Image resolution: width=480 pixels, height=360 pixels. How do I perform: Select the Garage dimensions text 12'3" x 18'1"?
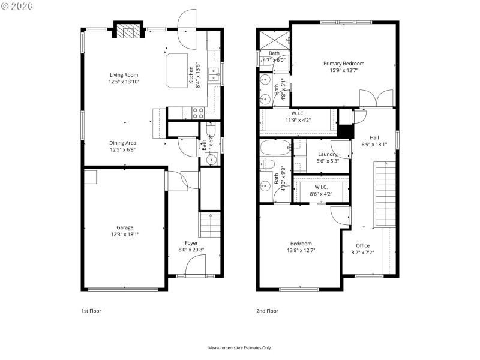click(x=125, y=235)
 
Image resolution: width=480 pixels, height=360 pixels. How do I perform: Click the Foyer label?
click(x=191, y=243)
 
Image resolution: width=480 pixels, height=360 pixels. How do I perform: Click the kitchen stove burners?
click(x=197, y=112)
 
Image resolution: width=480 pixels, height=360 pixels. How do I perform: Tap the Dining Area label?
click(x=122, y=143)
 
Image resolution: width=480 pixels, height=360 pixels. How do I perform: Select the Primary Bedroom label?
click(x=344, y=64)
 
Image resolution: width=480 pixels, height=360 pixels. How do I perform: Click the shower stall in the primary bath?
click(x=274, y=40)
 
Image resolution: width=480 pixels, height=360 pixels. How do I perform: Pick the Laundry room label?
click(x=328, y=154)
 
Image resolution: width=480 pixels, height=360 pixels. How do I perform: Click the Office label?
click(x=362, y=245)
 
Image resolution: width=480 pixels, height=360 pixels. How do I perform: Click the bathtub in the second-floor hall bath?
click(x=275, y=148)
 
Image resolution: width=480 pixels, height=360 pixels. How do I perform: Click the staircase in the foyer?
click(x=210, y=226)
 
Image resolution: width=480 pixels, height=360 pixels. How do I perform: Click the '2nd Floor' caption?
click(x=268, y=311)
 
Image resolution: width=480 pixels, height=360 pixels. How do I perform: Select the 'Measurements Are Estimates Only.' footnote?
click(x=240, y=348)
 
